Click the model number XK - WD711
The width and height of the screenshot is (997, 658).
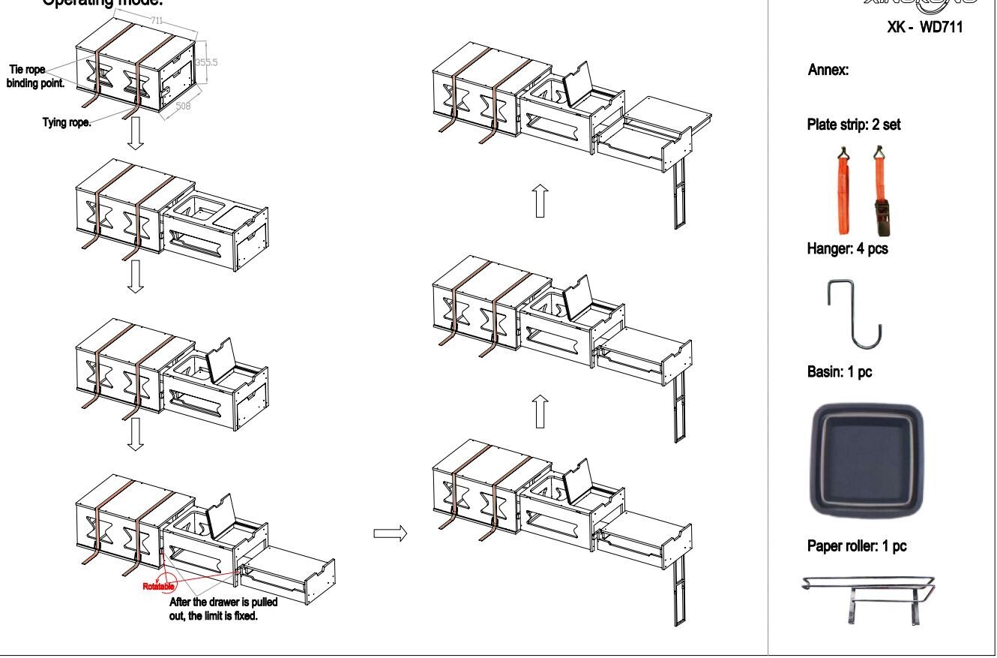pyautogui.click(x=924, y=29)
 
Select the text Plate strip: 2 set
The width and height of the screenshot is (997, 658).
pyautogui.click(x=854, y=125)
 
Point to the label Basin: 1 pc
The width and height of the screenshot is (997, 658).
pyautogui.click(x=840, y=371)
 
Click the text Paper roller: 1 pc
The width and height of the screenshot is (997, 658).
pyautogui.click(x=856, y=546)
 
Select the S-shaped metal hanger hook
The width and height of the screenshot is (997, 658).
pyautogui.click(x=855, y=314)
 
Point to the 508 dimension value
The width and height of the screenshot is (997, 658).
pyautogui.click(x=184, y=107)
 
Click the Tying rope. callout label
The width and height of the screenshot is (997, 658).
pyautogui.click(x=67, y=123)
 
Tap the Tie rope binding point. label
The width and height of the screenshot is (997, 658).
pyautogui.click(x=37, y=77)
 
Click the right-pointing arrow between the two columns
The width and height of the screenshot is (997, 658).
pyautogui.click(x=389, y=533)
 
